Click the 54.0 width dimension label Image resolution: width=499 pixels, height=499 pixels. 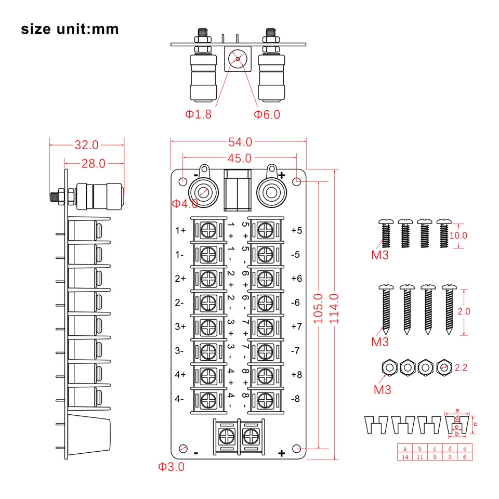coord(240,141)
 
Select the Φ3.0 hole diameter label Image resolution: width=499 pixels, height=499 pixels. coord(172,467)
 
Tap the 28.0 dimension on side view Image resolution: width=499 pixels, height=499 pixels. coord(93,163)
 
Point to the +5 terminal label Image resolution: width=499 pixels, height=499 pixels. coord(297,230)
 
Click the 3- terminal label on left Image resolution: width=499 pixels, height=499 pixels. coord(180,351)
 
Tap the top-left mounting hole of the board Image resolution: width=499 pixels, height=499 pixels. coord(183,181)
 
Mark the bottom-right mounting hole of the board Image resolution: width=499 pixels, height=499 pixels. coord(297,449)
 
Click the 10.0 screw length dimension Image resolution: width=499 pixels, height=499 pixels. coord(458,235)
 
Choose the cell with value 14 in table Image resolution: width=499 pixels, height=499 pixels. coord(405,457)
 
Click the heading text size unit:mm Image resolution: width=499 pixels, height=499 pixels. coord(70,29)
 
